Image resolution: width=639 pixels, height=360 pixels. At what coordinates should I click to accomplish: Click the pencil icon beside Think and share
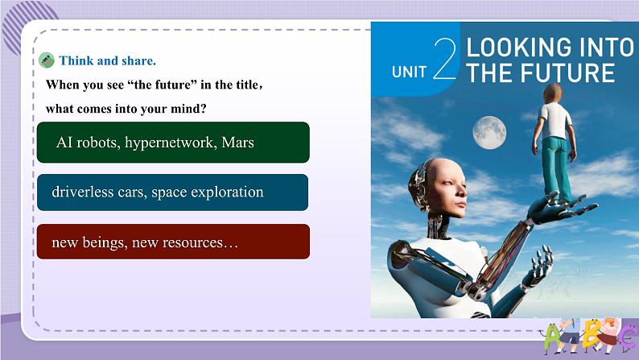[x=47, y=60]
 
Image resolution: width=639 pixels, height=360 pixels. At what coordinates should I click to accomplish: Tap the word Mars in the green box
[x=237, y=143]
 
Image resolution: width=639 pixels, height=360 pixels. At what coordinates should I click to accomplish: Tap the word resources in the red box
[x=192, y=243]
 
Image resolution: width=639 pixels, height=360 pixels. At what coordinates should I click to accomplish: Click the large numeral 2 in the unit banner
[x=445, y=58]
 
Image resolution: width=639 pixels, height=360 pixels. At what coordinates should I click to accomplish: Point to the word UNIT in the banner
[x=409, y=72]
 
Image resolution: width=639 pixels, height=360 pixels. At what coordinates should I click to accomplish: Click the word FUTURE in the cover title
[x=567, y=73]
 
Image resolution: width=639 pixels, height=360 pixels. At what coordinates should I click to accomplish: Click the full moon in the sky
[x=489, y=133]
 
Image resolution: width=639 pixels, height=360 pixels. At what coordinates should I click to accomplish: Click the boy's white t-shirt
[x=554, y=121]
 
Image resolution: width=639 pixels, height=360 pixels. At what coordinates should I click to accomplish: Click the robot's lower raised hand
[x=537, y=267]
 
